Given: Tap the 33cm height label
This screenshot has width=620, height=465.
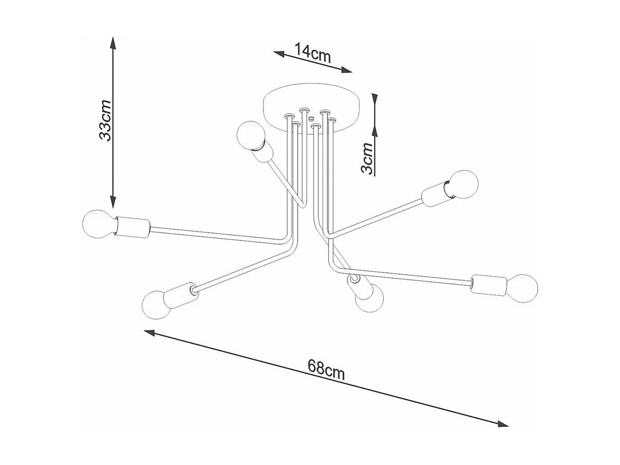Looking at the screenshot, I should coord(105,121).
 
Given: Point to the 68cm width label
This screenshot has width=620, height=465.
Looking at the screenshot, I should coord(326,369).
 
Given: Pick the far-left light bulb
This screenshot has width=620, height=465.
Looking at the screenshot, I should coord(97,224).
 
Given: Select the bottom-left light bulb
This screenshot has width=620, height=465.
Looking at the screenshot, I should coord(157,303).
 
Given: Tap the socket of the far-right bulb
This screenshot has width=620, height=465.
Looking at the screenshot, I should coord(488,284).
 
